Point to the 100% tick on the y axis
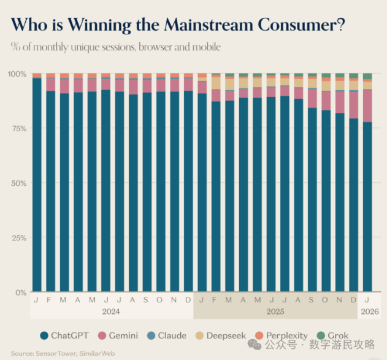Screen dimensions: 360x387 17,74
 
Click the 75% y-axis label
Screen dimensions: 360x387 18,128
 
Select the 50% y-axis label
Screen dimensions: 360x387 18,183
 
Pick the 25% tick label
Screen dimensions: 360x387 18,237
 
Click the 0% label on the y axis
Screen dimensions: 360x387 20,292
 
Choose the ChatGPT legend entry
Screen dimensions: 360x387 63,335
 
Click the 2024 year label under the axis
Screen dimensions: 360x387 112,312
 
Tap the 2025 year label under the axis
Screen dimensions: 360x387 276,312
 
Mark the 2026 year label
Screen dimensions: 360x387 370,312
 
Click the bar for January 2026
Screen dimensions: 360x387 367,202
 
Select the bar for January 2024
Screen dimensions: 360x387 37,184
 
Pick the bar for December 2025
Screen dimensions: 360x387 354,202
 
